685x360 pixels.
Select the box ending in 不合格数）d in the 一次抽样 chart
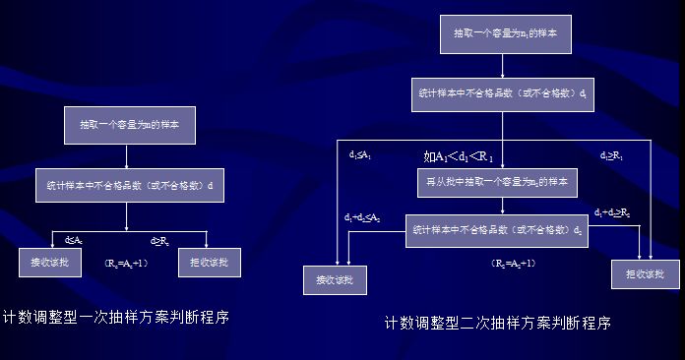129,184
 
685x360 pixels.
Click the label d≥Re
158,240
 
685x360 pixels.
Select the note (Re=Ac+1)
125,264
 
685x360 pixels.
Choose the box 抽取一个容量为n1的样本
502,34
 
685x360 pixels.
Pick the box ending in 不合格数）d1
502,95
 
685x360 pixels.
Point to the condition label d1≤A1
360,154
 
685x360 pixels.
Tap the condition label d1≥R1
612,155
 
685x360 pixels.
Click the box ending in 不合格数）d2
498,230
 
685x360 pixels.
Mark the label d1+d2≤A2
362,216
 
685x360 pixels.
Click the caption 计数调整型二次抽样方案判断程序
497,323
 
